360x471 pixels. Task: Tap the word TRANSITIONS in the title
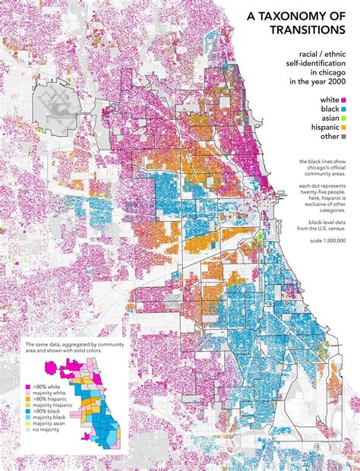coord(308,30)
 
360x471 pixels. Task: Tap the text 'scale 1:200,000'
coord(324,239)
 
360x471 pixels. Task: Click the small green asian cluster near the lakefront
coord(261,238)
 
